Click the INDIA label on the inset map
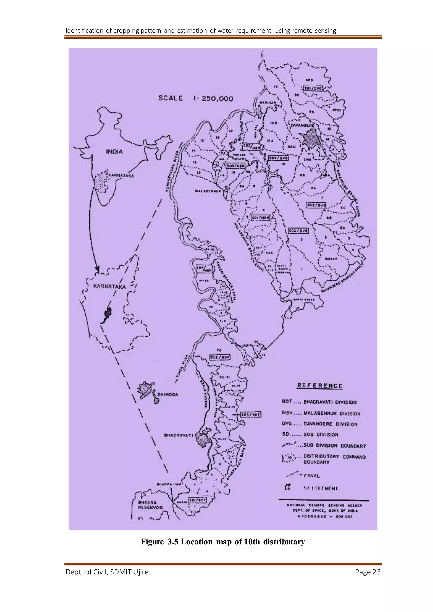coord(114,152)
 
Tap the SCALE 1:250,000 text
coord(196,98)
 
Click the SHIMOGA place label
coord(168,395)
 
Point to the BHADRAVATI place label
coord(178,435)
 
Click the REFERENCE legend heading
coord(320,386)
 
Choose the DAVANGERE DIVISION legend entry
coord(320,424)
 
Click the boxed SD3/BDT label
coord(251,414)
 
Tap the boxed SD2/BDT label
coord(220,357)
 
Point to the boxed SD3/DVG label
coord(298,231)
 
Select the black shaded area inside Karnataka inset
coord(107,313)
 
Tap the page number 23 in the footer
coord(376,572)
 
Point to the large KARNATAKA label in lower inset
coord(109,287)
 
